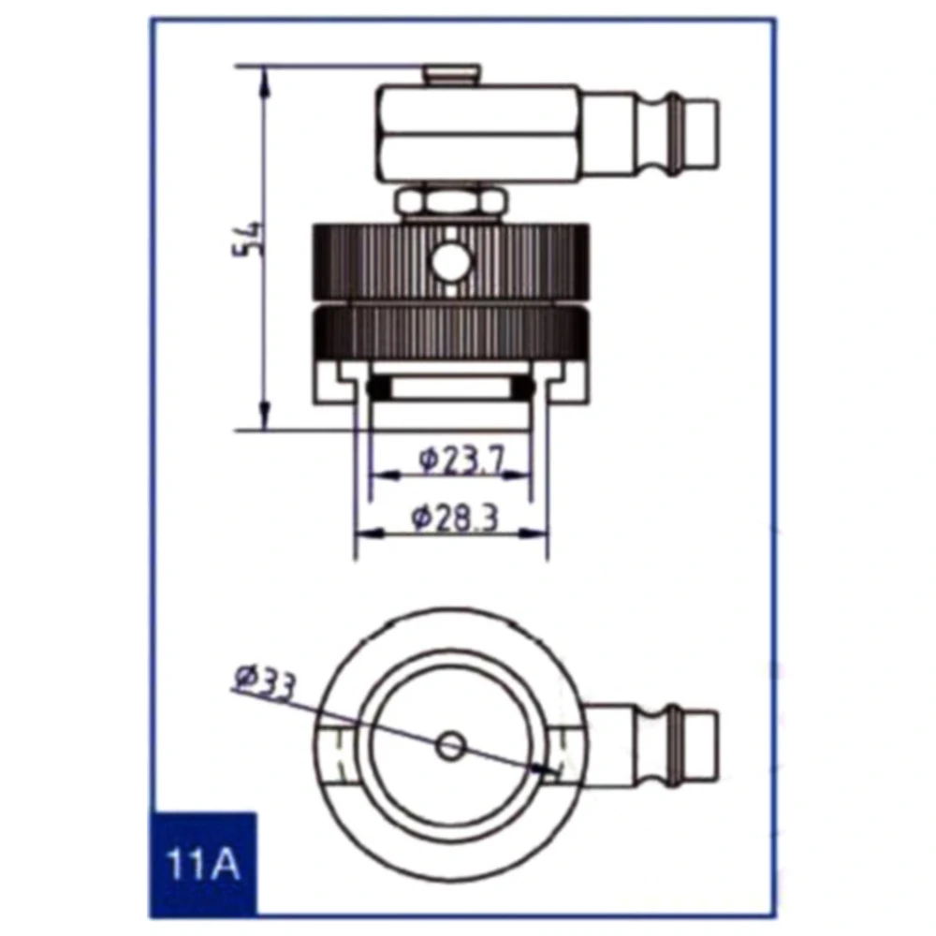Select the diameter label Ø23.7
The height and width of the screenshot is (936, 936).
(x=461, y=460)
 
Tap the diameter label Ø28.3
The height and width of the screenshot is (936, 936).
(x=454, y=518)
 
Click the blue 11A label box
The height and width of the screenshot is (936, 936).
(x=203, y=864)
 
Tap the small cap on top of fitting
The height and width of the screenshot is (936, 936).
(x=452, y=74)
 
